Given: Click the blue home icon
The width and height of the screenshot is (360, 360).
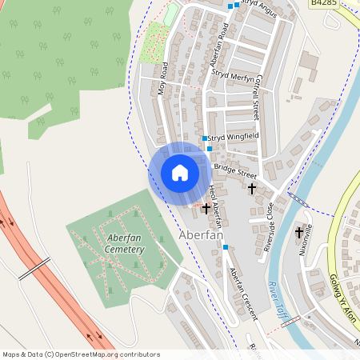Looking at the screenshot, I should click(180, 172).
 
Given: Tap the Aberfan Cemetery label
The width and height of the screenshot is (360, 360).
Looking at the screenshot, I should click(124, 244).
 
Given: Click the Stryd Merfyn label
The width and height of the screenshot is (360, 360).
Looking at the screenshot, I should click(234, 78).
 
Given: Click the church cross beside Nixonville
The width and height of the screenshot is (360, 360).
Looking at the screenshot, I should click(300, 234).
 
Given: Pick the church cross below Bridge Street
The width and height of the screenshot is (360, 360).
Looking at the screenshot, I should click(252, 189).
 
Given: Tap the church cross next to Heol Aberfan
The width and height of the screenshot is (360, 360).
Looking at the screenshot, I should click(206, 207).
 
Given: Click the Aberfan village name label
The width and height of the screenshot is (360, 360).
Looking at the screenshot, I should click(200, 235).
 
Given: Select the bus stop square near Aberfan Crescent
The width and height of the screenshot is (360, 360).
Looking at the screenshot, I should click(226, 247).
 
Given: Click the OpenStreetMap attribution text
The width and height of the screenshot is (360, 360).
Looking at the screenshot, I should click(81, 354).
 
